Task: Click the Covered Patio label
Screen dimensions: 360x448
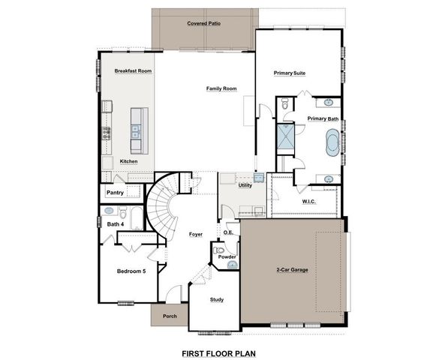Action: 203,23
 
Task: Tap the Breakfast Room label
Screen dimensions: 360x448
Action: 134,70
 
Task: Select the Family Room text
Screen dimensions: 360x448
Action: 221,88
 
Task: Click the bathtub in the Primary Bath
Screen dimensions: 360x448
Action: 331,142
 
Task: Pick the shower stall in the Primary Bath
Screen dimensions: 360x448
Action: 286,137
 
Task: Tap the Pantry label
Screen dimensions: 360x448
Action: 115,193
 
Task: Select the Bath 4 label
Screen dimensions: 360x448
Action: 115,223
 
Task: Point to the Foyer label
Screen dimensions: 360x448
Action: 196,234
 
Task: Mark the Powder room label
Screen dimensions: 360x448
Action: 227,257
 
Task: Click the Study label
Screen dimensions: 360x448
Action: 217,299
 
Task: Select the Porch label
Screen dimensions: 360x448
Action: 170,316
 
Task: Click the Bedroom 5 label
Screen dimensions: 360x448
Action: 131,271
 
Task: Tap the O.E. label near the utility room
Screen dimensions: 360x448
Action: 228,232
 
